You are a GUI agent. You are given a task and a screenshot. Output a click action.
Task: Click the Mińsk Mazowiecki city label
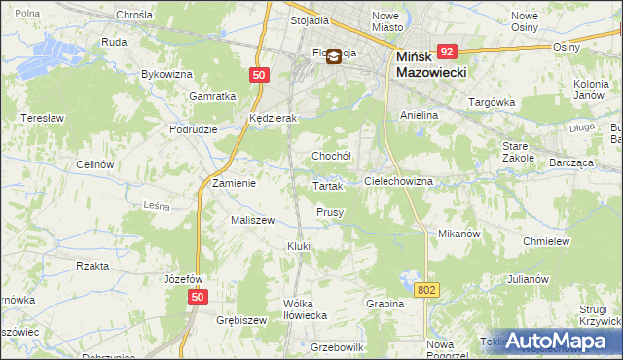tap(432, 65)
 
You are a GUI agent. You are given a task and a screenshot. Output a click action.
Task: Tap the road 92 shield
tap(447, 52)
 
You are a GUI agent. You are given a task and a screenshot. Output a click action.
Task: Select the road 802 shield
tap(426, 290)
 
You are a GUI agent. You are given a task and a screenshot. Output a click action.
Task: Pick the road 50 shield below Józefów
tap(199, 297)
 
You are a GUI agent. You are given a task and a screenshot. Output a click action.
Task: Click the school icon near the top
tap(334, 56)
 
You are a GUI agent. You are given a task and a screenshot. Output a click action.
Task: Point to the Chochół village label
tap(330, 156)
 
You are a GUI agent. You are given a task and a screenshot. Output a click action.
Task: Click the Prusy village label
tap(330, 212)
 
